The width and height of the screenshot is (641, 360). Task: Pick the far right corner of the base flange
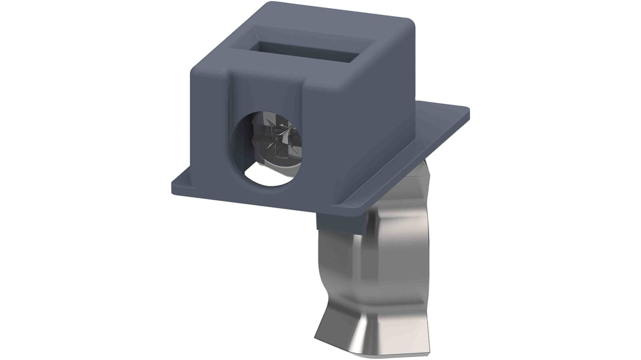pos(468,108)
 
